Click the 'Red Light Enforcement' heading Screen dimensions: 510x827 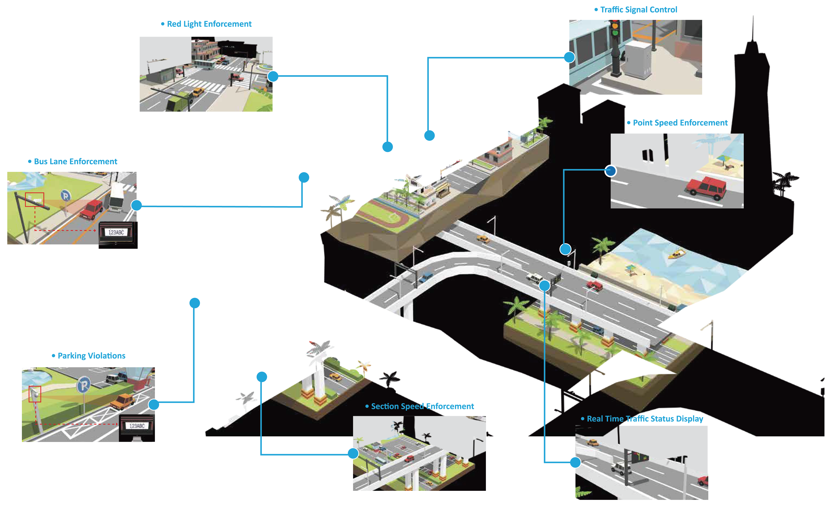[x=209, y=24]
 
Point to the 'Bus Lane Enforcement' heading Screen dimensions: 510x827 [x=75, y=162]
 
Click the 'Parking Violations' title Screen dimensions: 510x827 [x=91, y=356]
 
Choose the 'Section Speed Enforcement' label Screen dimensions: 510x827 [x=422, y=407]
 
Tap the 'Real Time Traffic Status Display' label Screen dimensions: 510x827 [x=644, y=419]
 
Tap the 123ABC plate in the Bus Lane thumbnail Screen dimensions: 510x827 [x=116, y=232]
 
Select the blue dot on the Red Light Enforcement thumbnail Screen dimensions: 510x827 [x=273, y=76]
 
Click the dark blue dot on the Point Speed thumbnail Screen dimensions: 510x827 [x=610, y=171]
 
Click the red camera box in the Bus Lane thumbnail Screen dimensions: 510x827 [x=34, y=199]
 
